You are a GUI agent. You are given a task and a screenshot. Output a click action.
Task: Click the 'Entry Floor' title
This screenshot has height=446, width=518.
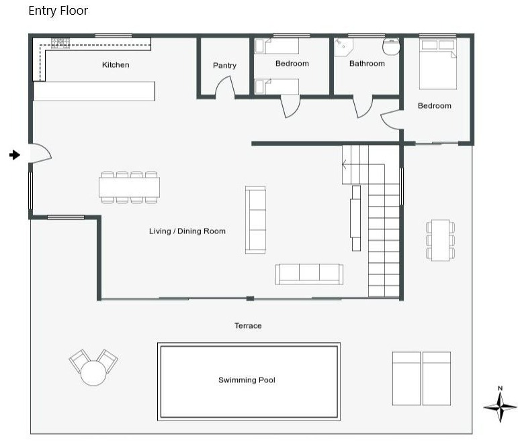[58, 11]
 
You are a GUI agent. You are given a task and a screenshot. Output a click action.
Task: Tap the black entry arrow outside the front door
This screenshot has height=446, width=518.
[15, 155]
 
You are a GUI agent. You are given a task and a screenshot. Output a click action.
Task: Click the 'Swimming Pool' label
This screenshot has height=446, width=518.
[247, 380]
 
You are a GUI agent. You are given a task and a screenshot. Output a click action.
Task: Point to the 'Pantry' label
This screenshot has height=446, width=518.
[224, 66]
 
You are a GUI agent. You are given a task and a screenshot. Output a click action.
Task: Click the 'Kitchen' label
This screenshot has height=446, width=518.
[116, 64]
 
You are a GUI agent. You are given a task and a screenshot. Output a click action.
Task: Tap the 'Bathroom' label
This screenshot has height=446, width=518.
[367, 63]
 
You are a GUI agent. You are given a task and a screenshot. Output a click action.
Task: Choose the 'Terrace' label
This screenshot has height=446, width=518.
[248, 325]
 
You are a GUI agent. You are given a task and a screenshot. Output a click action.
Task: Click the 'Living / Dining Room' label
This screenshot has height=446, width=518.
[187, 231]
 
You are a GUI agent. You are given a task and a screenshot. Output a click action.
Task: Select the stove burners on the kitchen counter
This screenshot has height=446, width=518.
[60, 43]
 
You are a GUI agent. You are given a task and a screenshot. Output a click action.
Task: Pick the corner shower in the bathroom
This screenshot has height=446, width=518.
[343, 47]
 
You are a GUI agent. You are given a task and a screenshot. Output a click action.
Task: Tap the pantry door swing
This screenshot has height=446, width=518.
[225, 87]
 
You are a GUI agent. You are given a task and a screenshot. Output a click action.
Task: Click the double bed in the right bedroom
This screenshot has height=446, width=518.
[438, 64]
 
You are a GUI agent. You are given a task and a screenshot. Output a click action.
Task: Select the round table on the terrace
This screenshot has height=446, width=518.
[93, 373]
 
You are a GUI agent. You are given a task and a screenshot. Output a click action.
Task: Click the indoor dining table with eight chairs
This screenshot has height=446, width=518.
[129, 187]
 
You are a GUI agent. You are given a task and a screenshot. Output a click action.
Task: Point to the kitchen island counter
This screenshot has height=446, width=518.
[94, 91]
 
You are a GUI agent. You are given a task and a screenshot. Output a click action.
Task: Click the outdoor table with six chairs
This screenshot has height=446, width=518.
[440, 240]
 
